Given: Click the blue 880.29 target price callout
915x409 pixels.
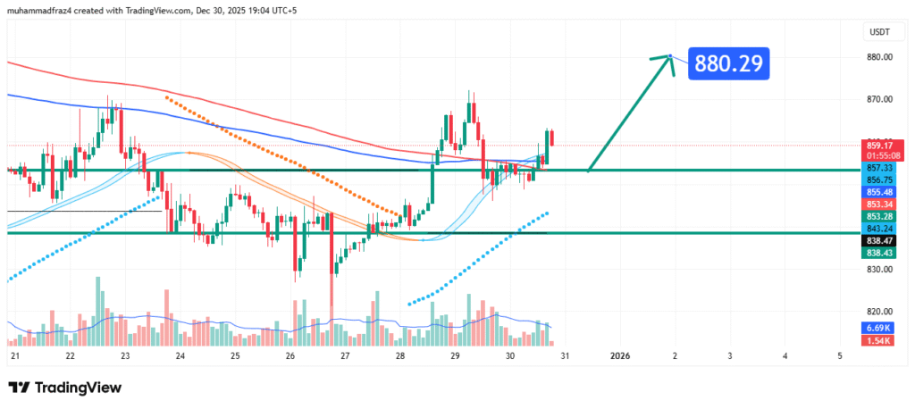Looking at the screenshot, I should coord(728,63).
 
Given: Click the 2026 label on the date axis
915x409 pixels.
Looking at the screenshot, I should coord(619,356).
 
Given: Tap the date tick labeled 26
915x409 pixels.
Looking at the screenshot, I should coord(290,356).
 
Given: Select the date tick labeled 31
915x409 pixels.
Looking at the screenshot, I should coord(565,356).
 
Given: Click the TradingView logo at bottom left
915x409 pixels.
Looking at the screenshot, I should coord(64,388).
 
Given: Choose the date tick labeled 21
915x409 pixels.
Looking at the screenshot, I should coord(14,356).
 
